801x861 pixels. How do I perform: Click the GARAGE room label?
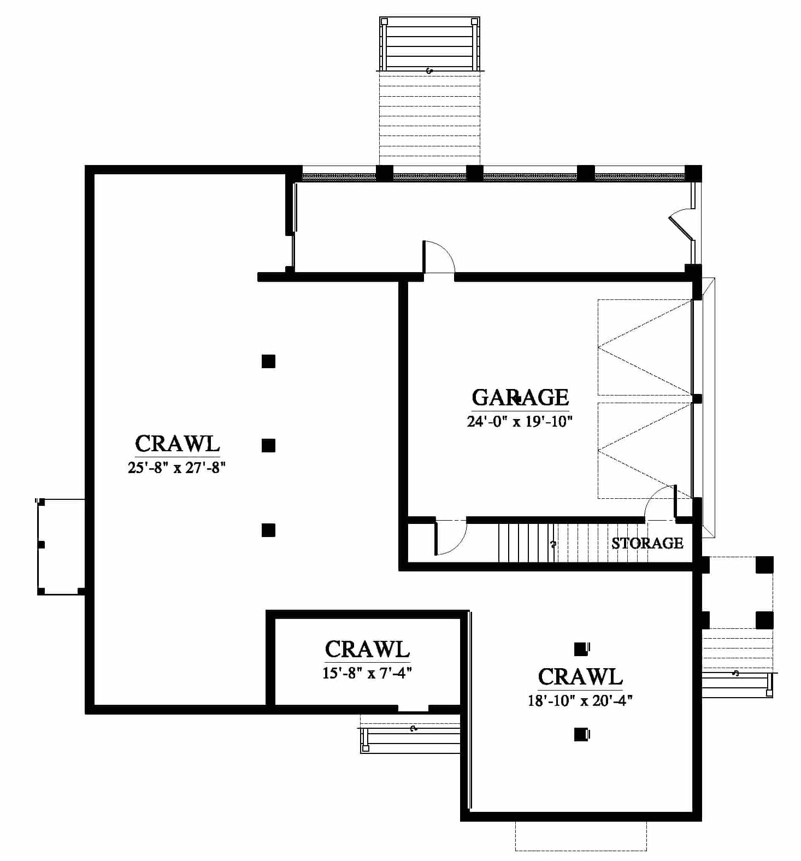click(x=520, y=397)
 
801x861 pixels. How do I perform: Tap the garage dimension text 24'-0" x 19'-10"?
click(x=520, y=421)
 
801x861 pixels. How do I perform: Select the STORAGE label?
click(x=647, y=543)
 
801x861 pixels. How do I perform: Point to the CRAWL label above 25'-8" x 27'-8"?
click(x=177, y=443)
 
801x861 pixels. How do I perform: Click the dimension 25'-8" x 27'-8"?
click(x=177, y=468)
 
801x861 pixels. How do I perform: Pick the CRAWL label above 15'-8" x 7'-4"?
click(x=367, y=649)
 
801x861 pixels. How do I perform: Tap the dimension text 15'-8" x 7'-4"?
click(x=367, y=673)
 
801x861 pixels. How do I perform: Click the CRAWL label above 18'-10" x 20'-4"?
click(x=580, y=676)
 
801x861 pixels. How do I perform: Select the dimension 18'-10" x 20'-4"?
click(x=580, y=700)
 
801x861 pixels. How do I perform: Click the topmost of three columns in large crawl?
click(x=268, y=361)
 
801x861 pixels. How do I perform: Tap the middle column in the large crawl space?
click(x=268, y=446)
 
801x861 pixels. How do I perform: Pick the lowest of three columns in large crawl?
click(x=268, y=530)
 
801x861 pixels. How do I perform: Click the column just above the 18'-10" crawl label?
click(x=581, y=648)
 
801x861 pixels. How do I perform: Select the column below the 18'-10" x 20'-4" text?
click(x=581, y=734)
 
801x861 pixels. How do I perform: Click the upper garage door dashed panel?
click(x=645, y=347)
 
